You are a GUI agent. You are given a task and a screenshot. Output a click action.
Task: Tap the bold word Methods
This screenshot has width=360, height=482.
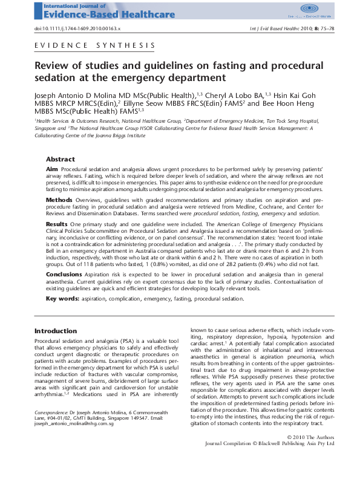(x=59, y=199)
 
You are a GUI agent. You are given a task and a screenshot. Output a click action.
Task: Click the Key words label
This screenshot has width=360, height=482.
(x=62, y=298)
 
